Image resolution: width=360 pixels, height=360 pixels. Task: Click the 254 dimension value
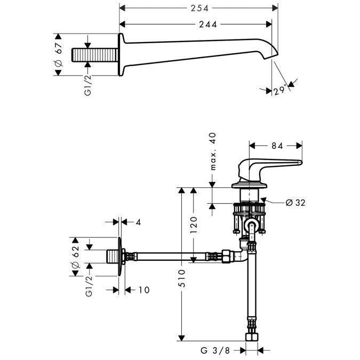198,7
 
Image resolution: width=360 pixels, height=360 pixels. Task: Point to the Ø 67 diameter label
59,55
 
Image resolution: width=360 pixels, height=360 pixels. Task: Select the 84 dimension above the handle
276,145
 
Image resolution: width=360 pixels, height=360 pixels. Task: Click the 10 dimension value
144,290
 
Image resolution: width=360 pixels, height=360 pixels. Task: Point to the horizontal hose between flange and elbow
176,257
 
